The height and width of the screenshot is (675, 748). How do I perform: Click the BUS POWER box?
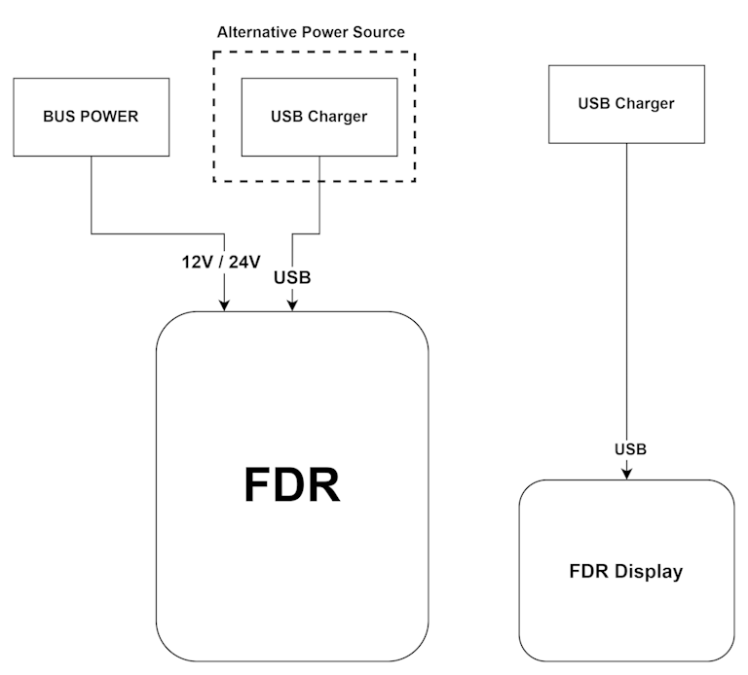tap(91, 118)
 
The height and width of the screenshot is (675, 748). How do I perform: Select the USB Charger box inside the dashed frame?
tap(318, 117)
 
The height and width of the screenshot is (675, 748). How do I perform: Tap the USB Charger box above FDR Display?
tap(625, 103)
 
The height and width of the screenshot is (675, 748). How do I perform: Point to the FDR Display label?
tap(625, 572)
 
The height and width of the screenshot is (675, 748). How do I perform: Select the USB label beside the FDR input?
tap(292, 277)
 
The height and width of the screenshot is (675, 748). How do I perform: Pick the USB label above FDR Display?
tap(630, 449)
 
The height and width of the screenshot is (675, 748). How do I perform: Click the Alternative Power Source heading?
tap(311, 32)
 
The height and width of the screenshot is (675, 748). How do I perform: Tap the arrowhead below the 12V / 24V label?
tap(225, 304)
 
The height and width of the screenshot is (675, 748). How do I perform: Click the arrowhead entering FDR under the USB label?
tap(291, 304)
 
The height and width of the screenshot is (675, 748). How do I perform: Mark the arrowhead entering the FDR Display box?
tap(626, 473)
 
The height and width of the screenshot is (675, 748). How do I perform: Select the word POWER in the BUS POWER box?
tap(108, 118)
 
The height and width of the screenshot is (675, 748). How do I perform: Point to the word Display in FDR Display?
tap(650, 572)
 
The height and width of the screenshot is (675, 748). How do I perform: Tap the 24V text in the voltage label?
tap(244, 262)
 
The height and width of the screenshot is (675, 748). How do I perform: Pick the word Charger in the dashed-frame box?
tap(337, 117)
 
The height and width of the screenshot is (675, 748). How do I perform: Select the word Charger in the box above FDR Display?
tap(644, 103)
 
